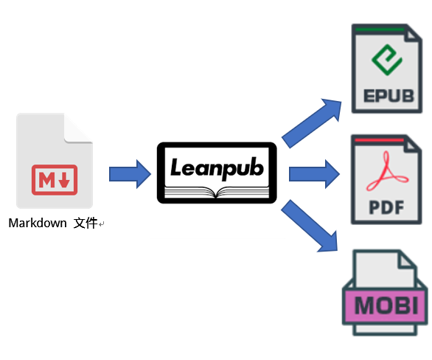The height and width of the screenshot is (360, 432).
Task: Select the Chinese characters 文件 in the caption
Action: tap(86, 223)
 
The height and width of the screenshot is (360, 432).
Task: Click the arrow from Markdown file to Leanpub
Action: tap(130, 174)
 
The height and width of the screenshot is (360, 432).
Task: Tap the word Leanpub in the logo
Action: tap(217, 167)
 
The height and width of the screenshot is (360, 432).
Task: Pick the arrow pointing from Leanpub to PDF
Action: tap(314, 174)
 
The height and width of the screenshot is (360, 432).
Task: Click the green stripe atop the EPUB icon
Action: tap(378, 29)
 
